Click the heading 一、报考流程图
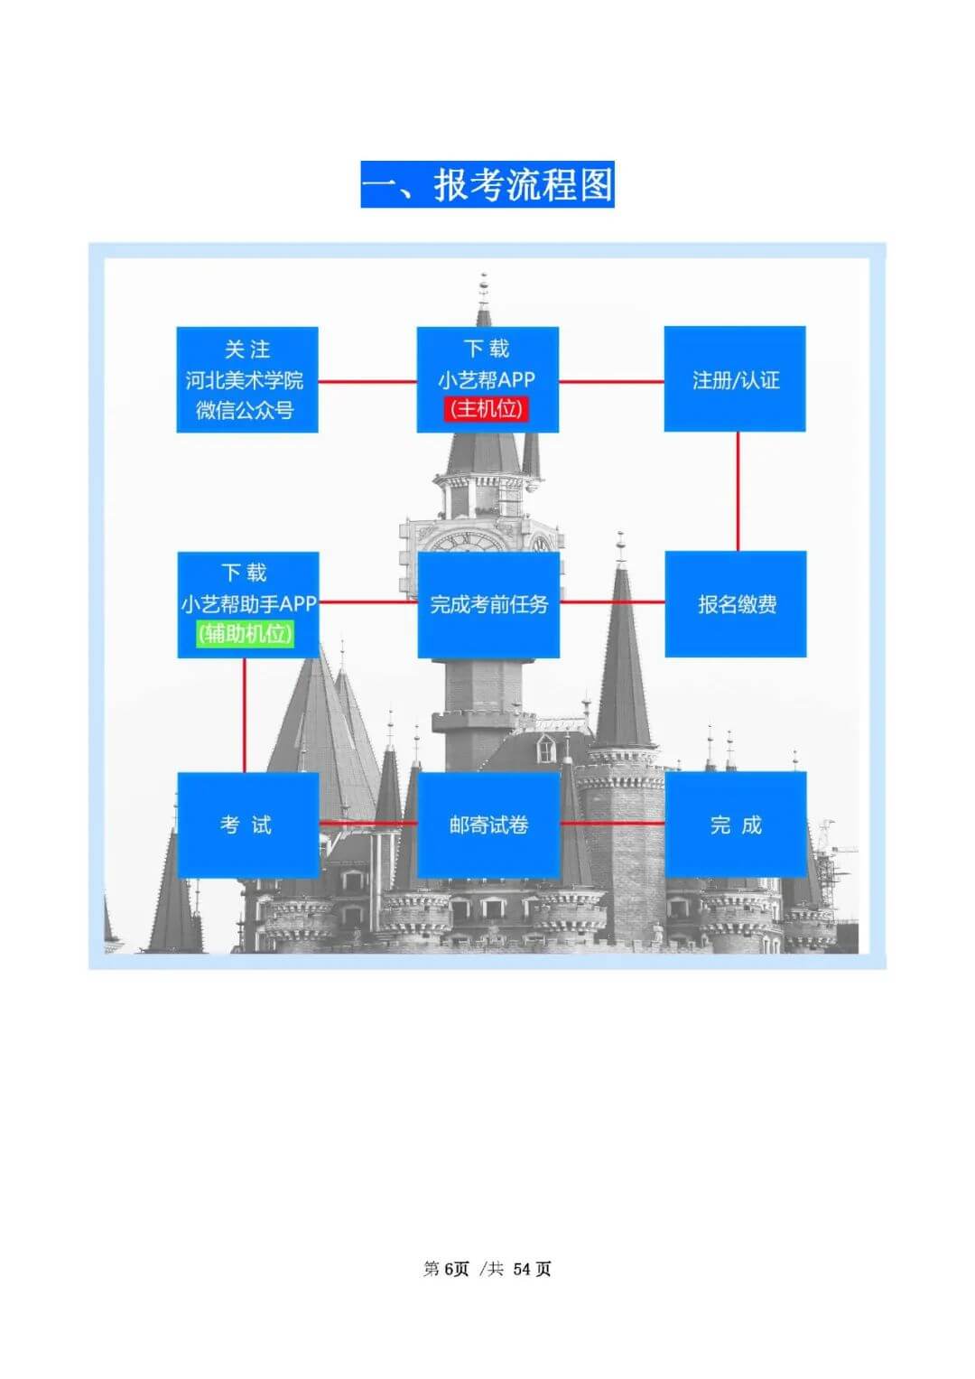point(487,185)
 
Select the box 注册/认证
point(735,379)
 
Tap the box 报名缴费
point(736,604)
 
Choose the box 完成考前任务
point(488,604)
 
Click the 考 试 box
point(247,825)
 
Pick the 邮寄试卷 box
point(488,825)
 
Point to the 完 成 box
point(736,825)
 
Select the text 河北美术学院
point(245,380)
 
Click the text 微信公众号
point(245,410)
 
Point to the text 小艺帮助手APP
point(248,603)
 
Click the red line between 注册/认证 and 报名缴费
point(738,491)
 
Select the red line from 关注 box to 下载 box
point(367,381)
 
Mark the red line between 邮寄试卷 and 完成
point(612,824)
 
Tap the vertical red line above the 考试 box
point(245,714)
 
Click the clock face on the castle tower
point(466,543)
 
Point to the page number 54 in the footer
point(523,1269)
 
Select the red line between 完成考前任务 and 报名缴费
point(612,602)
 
